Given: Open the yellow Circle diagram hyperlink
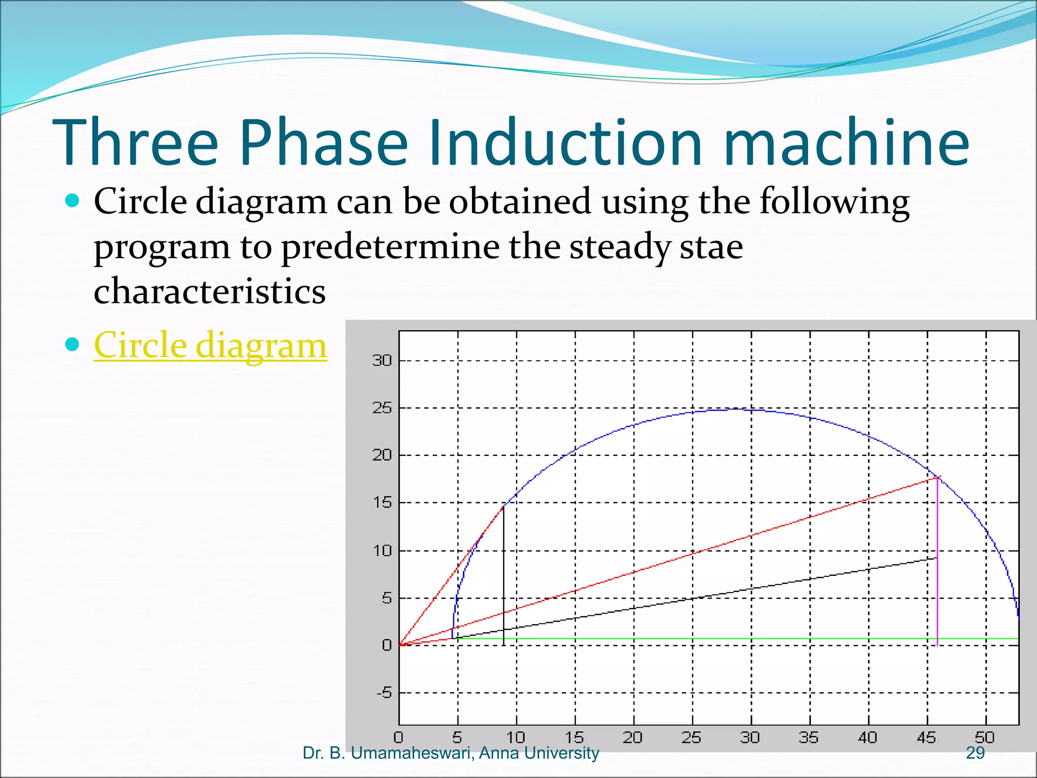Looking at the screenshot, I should pyautogui.click(x=210, y=345).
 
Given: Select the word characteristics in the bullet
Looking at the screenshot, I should pyautogui.click(x=210, y=292).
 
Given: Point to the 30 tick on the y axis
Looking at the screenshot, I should pyautogui.click(x=382, y=361).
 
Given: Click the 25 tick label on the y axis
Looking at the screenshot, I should pyautogui.click(x=382, y=408).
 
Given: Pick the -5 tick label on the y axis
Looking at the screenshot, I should pyautogui.click(x=384, y=692).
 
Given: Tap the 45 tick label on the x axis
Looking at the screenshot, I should pyautogui.click(x=926, y=737).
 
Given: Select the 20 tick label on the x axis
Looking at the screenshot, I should pyautogui.click(x=632, y=737).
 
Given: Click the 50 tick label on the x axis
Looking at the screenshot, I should pyautogui.click(x=985, y=737).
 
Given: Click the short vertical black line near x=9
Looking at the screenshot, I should pyautogui.click(x=504, y=577).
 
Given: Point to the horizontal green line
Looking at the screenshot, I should pyautogui.click(x=709, y=639).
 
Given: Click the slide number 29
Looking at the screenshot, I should pyautogui.click(x=975, y=753).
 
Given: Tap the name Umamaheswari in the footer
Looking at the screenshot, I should pyautogui.click(x=412, y=753).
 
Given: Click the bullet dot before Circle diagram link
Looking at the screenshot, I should pyautogui.click(x=73, y=345).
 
